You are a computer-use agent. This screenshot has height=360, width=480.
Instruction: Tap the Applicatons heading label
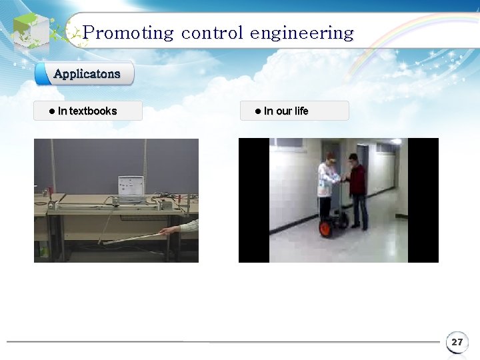87,74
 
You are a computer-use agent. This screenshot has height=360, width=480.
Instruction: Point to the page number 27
457,342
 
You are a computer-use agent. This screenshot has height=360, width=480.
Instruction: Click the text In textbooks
87,111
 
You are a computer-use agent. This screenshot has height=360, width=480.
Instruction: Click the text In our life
286,111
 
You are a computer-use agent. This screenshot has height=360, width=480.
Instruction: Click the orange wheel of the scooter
326,229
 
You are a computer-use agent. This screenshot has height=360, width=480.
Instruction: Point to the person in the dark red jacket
359,183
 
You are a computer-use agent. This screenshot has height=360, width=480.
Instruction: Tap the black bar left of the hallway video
254,200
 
